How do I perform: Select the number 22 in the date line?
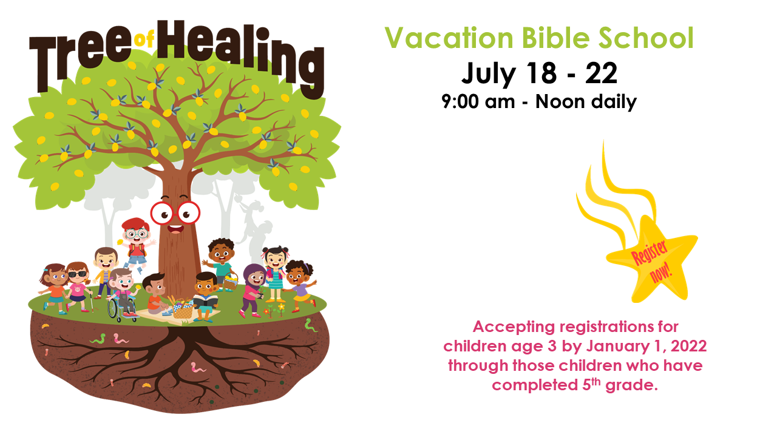pos(601,73)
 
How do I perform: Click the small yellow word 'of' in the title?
pos(144,39)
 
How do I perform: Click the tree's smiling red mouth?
pos(175,229)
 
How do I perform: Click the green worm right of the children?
pos(310,325)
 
